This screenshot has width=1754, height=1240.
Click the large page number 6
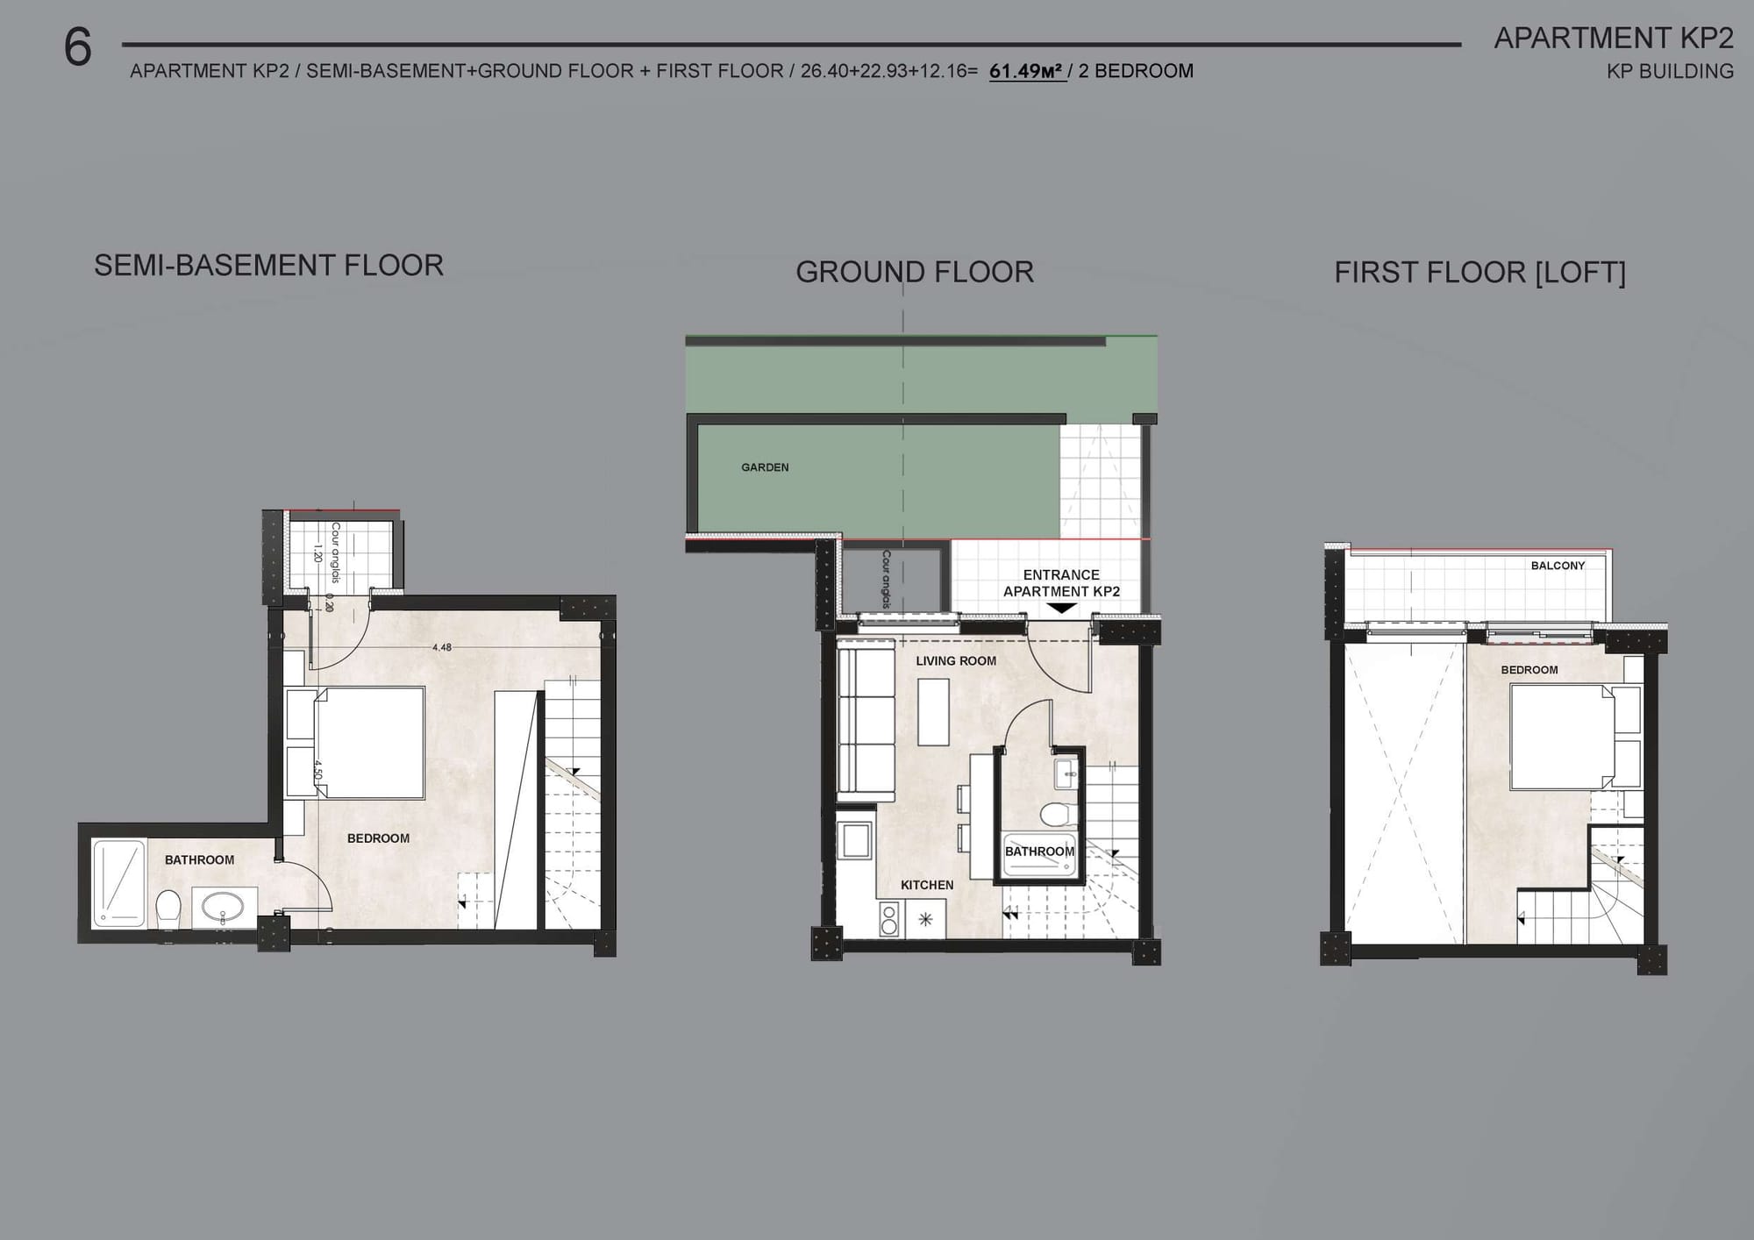tap(78, 47)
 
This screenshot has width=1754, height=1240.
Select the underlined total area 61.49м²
tap(1027, 72)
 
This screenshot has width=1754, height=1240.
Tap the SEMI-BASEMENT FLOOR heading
tap(268, 265)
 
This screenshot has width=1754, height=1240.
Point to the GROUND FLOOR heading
tap(915, 272)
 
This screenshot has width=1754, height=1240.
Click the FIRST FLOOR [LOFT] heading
tap(1479, 273)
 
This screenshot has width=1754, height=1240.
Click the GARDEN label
tap(765, 467)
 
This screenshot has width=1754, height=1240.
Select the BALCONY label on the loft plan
tap(1558, 566)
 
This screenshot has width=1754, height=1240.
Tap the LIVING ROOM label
tap(956, 661)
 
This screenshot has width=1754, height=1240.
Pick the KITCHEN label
tap(927, 885)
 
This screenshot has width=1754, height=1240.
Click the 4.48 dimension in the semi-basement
tap(442, 648)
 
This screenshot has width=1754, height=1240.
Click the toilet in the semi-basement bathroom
tap(168, 908)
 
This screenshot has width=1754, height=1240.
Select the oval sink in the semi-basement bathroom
tap(224, 906)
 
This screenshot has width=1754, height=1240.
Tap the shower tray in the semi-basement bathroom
tap(118, 883)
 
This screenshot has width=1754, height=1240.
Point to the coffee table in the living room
tap(933, 711)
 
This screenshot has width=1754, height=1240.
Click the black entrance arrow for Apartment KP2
tap(1062, 608)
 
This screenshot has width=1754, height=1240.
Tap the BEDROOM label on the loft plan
tap(1529, 670)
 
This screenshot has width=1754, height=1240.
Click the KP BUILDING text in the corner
tap(1670, 72)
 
